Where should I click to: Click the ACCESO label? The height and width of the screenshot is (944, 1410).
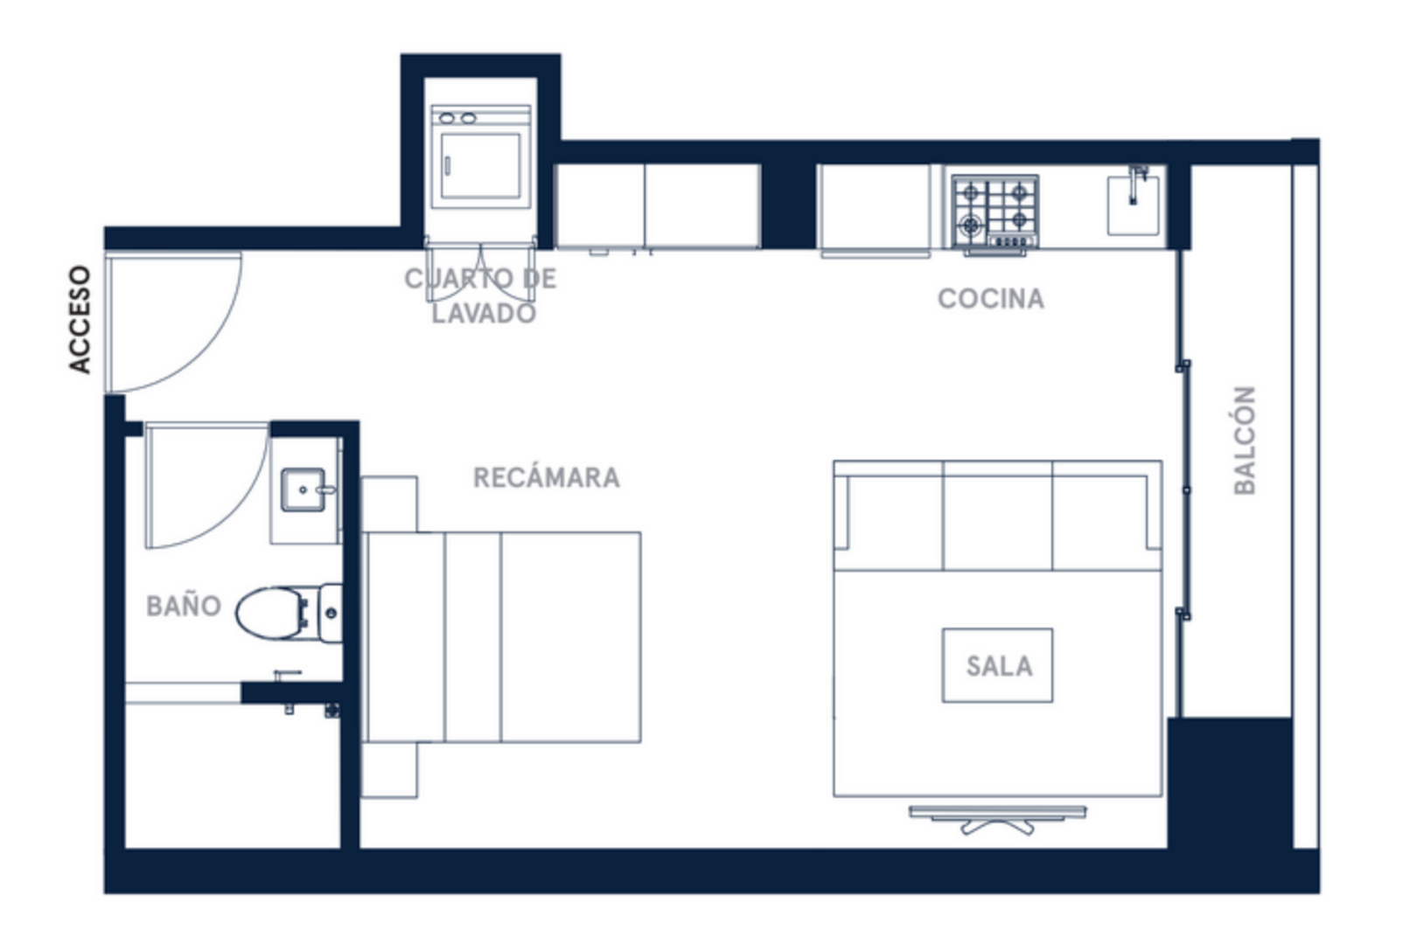(x=80, y=320)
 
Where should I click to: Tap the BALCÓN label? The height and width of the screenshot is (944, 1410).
(x=1245, y=441)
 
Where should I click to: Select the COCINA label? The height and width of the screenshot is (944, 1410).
(x=991, y=299)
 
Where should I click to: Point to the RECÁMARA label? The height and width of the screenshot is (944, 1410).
(x=547, y=478)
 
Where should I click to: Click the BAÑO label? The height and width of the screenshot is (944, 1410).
(x=184, y=607)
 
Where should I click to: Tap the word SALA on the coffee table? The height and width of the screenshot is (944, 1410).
(x=999, y=666)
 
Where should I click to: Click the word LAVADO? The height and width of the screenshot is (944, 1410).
(x=484, y=313)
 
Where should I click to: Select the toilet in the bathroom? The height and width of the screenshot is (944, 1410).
(x=289, y=614)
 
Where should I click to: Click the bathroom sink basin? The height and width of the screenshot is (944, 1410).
(x=304, y=489)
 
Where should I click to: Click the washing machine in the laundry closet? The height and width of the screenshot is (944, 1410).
(x=481, y=156)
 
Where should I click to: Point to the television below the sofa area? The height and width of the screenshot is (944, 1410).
(x=998, y=819)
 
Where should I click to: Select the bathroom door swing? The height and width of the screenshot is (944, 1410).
(x=207, y=485)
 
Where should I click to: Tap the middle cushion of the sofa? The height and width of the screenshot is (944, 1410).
(x=998, y=517)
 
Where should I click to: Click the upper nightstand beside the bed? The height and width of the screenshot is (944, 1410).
(x=389, y=504)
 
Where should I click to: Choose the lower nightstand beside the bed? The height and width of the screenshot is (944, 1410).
(x=389, y=770)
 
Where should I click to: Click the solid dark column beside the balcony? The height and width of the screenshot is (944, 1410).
(x=1230, y=783)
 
